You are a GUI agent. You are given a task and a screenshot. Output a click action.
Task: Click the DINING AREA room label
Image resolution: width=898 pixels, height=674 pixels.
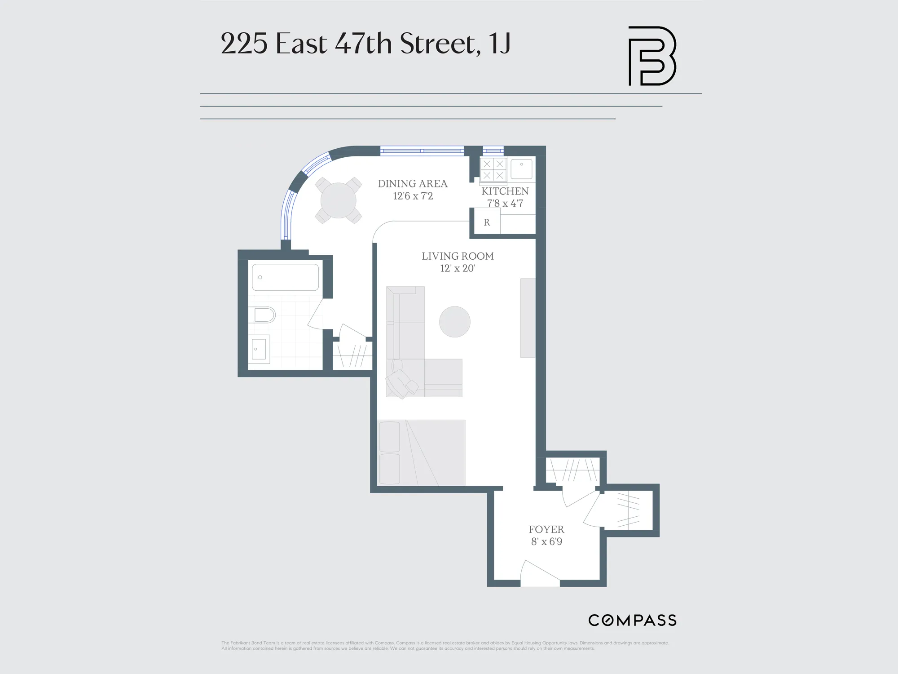tap(413, 184)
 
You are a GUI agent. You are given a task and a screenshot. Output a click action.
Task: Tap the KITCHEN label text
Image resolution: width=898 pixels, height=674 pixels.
tap(505, 191)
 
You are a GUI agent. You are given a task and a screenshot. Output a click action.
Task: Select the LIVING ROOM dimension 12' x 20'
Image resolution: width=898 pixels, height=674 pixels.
tap(458, 268)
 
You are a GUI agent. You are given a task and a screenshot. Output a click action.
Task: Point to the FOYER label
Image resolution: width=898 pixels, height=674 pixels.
tap(546, 529)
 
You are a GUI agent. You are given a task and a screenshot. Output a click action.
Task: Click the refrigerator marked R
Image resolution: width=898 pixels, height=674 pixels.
tap(487, 222)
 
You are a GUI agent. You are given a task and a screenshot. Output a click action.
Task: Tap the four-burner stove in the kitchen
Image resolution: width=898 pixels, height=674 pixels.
tap(493, 169)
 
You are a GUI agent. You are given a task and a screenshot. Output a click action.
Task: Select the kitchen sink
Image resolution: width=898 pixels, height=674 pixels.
tap(521, 169)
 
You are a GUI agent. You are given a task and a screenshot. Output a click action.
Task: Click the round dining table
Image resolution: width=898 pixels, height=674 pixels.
tap(338, 200)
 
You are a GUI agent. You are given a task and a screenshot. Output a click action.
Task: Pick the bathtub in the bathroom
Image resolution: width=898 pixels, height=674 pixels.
tap(285, 277)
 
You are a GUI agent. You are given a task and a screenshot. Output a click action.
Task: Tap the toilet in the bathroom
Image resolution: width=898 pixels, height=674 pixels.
tap(264, 315)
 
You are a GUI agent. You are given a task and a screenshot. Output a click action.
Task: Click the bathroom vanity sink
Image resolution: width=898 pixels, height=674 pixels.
tap(259, 349)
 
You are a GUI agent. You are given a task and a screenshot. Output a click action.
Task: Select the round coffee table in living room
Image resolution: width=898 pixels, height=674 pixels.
tap(454, 322)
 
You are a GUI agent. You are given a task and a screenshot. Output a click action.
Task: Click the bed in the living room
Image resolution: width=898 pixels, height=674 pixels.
tap(421, 452)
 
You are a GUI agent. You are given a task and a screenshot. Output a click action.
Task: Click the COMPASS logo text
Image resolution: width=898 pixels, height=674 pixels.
tap(632, 621)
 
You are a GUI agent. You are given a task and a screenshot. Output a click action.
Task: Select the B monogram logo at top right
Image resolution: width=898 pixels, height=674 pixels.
tap(651, 56)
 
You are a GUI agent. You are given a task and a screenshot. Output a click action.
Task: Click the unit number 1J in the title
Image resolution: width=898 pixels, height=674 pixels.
tap(500, 44)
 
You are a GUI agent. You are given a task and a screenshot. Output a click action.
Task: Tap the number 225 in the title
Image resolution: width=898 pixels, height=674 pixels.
tap(244, 44)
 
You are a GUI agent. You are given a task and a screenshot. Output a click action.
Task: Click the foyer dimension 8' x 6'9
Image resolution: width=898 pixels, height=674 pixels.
tap(546, 542)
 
